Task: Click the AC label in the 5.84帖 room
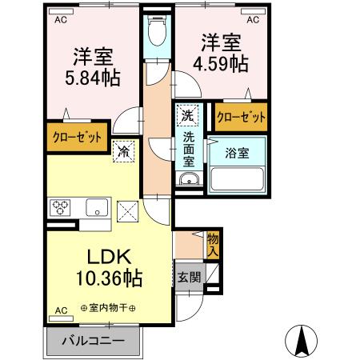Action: tap(60, 22)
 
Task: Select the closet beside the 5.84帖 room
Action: tap(78, 137)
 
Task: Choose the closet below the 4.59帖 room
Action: tap(241, 118)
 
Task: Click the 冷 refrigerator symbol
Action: tap(123, 150)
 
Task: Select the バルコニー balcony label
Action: tap(94, 340)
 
